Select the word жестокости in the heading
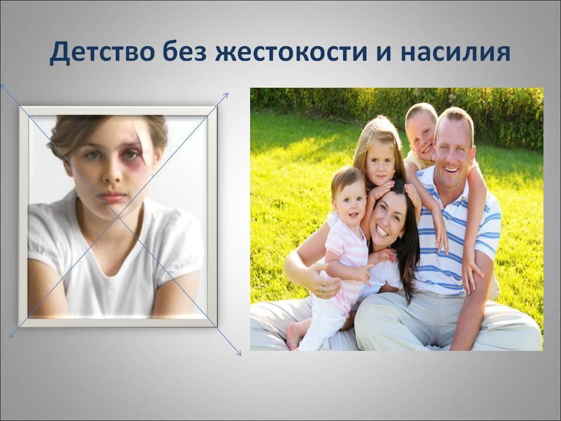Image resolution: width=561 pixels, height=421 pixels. tap(291, 53)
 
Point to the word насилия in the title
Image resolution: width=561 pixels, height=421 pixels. tap(455, 53)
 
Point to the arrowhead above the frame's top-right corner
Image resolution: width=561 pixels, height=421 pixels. tap(226, 95)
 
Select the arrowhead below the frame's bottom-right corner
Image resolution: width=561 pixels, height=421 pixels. tap(238, 352)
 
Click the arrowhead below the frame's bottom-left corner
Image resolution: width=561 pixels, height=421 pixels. tap(12, 335)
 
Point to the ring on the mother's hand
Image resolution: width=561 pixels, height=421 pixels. tap(323, 289)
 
